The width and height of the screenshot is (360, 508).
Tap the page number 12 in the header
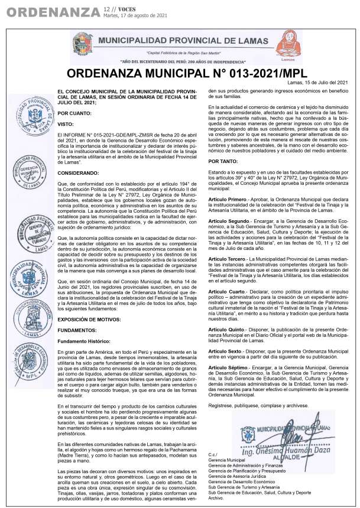106,9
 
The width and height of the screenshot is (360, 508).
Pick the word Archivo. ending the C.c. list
216,497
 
